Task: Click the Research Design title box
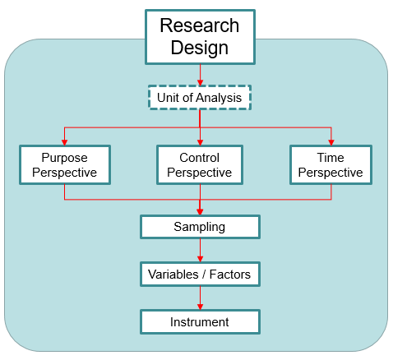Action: point(200,37)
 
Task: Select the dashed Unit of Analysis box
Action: point(200,98)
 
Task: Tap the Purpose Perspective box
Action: point(65,165)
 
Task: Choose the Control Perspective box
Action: point(200,165)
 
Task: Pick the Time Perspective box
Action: point(331,165)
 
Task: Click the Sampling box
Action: point(200,227)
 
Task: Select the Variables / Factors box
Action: point(200,275)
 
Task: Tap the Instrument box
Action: point(200,322)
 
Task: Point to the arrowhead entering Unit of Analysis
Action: point(200,82)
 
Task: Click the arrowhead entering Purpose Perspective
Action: point(64,142)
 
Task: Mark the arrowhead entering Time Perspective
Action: point(331,142)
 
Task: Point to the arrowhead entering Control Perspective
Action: point(200,142)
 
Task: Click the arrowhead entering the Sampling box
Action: point(200,212)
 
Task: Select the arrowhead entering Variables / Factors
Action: point(200,259)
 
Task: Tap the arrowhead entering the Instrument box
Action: point(200,307)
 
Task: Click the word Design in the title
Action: point(200,48)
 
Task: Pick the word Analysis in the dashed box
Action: point(219,98)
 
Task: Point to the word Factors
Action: point(230,275)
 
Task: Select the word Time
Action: point(331,158)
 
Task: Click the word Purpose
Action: point(64,158)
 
